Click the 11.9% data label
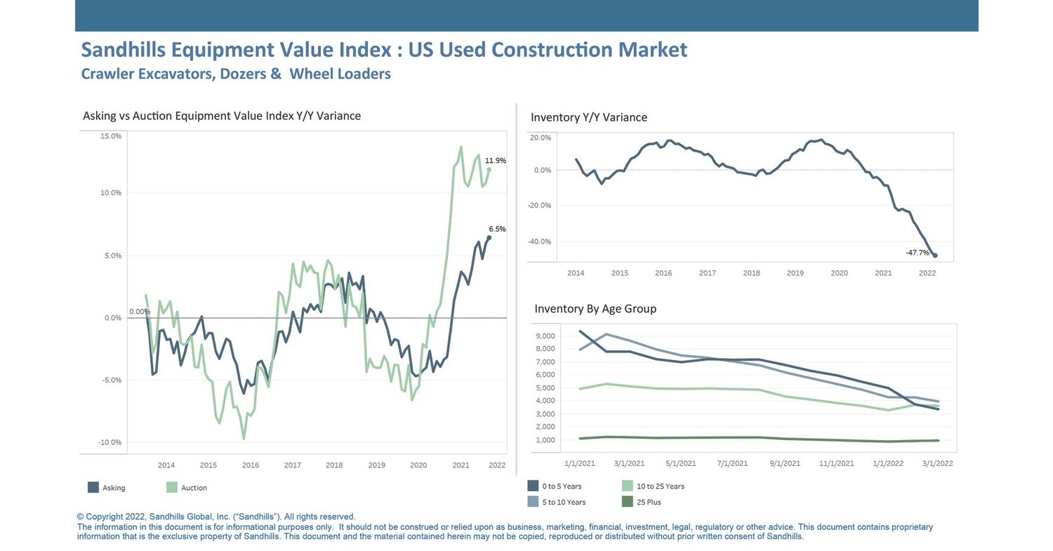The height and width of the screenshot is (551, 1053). click(495, 161)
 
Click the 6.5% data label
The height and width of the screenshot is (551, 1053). click(497, 229)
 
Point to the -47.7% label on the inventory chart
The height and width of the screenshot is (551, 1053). click(917, 252)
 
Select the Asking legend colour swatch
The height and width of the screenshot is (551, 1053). click(93, 487)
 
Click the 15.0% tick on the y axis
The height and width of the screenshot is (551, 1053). click(111, 136)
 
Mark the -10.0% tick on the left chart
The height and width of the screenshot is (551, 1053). click(110, 442)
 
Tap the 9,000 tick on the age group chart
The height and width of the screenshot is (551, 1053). click(544, 336)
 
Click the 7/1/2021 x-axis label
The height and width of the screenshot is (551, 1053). click(732, 463)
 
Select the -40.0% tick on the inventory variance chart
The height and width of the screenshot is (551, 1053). click(541, 241)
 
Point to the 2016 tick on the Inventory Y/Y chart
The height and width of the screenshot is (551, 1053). click(663, 272)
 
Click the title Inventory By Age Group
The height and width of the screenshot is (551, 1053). click(595, 309)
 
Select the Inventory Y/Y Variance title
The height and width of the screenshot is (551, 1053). click(588, 117)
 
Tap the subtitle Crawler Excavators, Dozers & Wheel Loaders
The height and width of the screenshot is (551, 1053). click(236, 74)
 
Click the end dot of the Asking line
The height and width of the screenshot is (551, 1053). click(489, 238)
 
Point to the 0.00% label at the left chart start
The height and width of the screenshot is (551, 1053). click(139, 312)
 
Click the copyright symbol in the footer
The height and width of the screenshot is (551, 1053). click(80, 517)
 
